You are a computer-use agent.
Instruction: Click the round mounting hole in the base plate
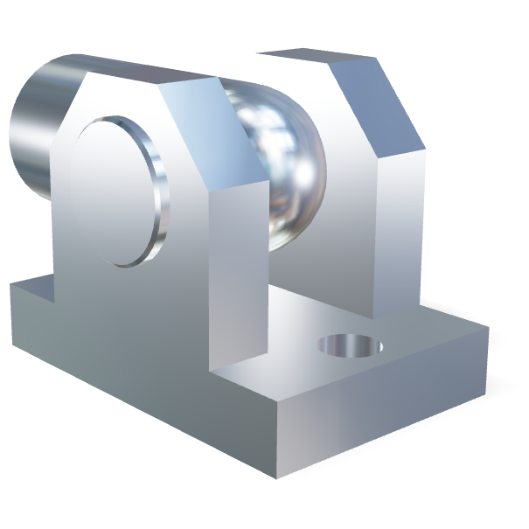pyautogui.click(x=351, y=345)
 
